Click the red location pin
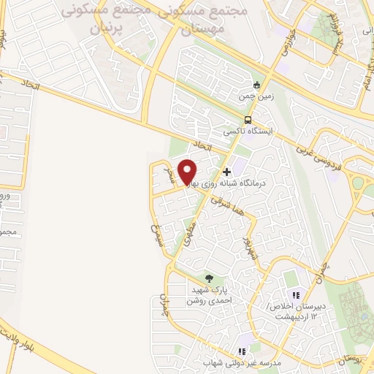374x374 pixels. (188, 170)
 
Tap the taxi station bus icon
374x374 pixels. (248, 121)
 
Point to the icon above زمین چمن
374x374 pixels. (256, 83)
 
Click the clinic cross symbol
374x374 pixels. (227, 172)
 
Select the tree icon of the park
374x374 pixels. (210, 278)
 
